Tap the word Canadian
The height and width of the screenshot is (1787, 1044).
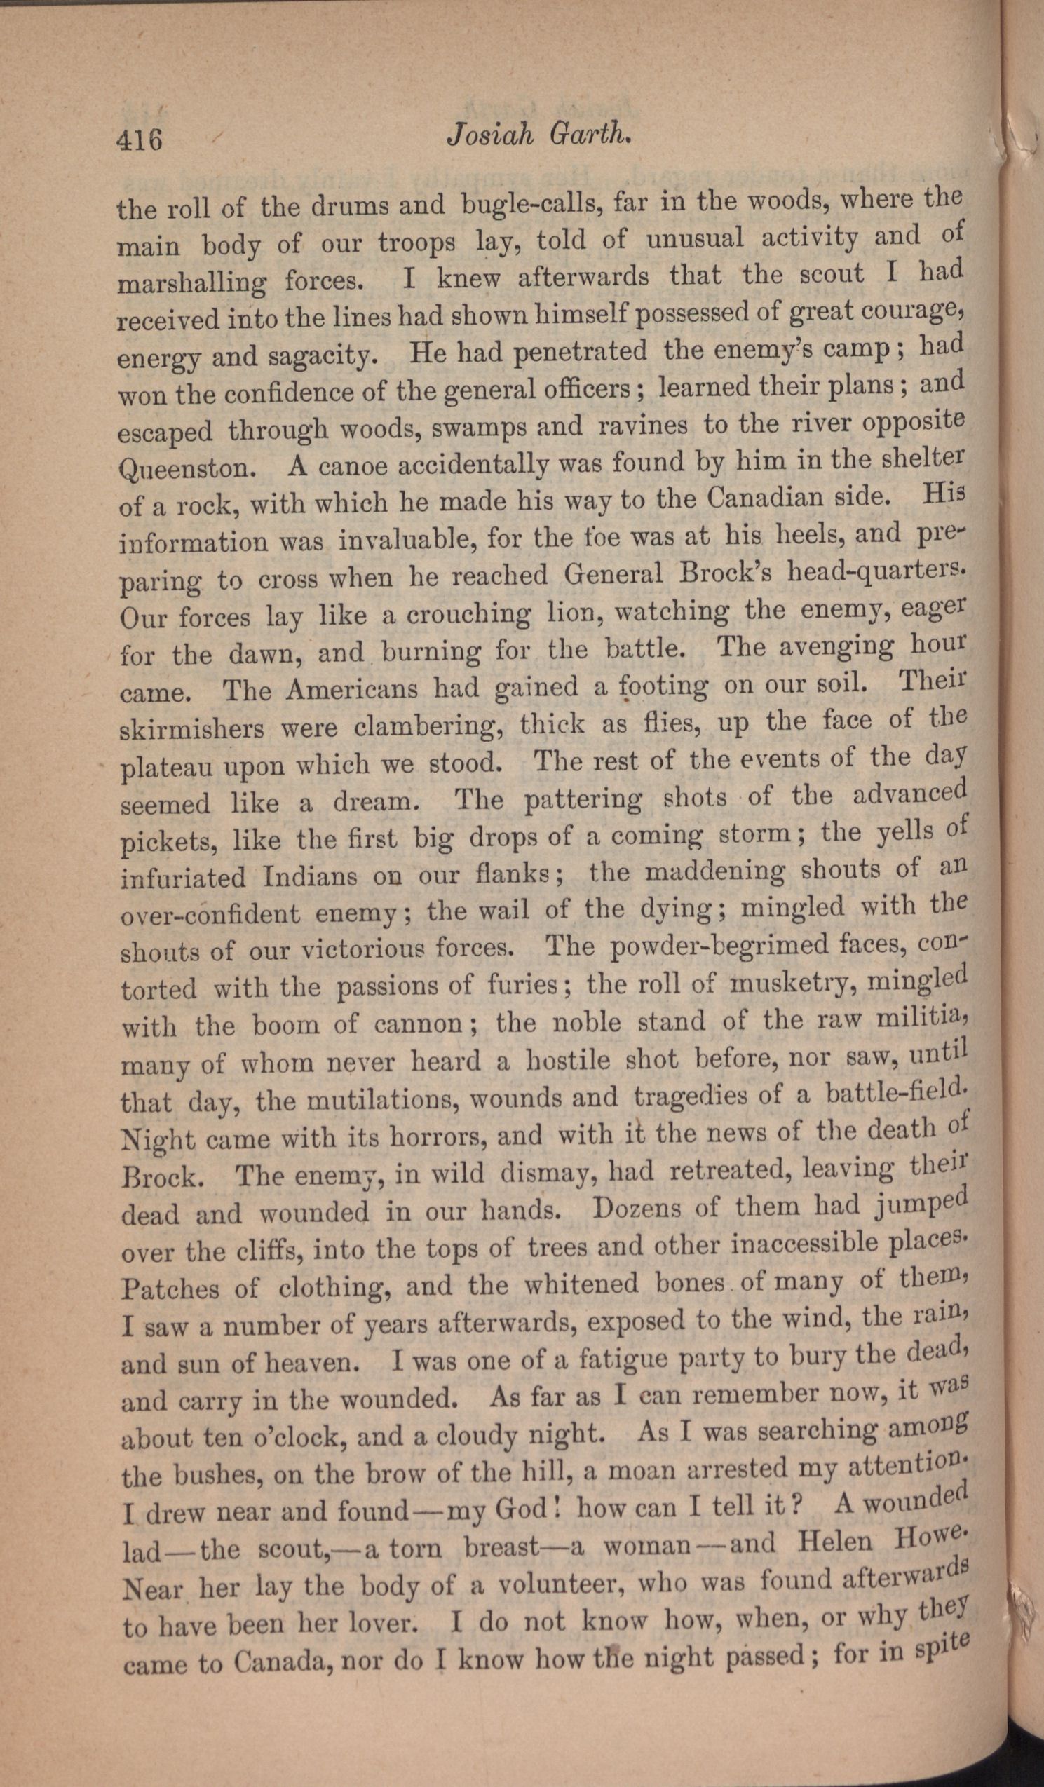coord(759,500)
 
